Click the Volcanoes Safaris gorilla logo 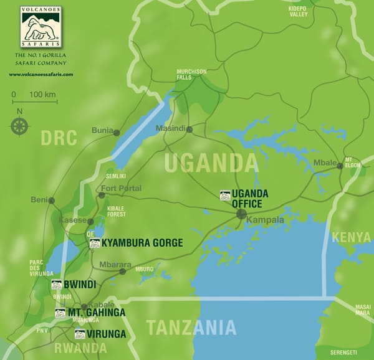click(x=41, y=28)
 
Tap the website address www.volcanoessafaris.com click(x=41, y=74)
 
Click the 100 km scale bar click(x=34, y=101)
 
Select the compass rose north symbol click(x=19, y=125)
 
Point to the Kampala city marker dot click(x=241, y=214)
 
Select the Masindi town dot click(x=189, y=130)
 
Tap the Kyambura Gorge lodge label click(x=142, y=242)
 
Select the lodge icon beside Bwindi click(x=56, y=285)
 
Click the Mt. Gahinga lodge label click(x=96, y=312)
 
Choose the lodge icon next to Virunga click(x=79, y=333)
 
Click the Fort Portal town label click(x=122, y=188)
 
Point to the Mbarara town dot click(x=123, y=271)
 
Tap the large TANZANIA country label click(x=191, y=327)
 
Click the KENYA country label click(x=351, y=237)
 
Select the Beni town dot click(x=52, y=201)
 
